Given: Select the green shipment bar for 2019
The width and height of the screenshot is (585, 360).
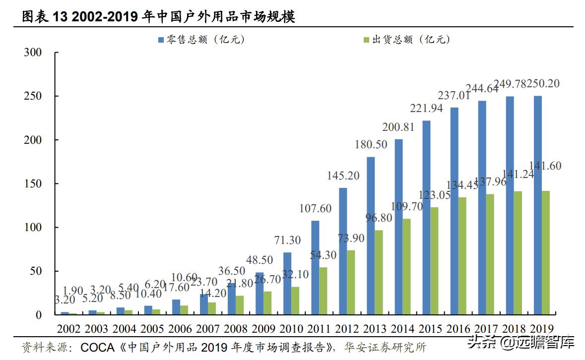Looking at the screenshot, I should tap(546, 252).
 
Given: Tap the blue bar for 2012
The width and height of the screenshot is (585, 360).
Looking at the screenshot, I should tap(343, 251).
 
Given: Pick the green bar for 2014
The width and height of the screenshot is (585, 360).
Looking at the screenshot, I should tap(407, 266).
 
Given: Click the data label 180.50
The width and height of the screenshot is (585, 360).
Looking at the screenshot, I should tap(372, 145).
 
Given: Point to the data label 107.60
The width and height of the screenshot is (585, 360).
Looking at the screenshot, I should tap(316, 209).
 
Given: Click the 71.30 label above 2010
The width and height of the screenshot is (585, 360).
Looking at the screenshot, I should tap(287, 240).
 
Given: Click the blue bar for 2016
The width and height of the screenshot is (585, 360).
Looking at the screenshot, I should tap(455, 211).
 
